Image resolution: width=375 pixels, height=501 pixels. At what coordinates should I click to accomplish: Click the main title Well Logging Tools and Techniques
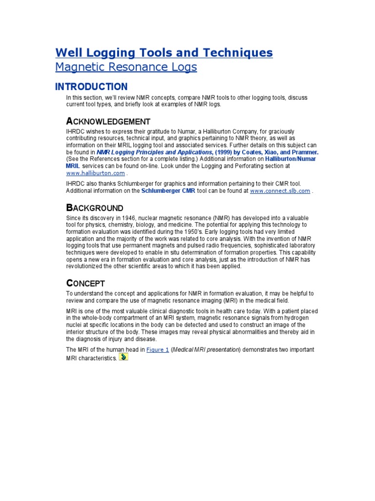(x=164, y=52)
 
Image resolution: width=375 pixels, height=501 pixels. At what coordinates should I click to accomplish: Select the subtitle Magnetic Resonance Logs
(x=126, y=67)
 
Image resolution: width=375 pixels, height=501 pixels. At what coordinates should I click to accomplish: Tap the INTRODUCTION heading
(x=91, y=87)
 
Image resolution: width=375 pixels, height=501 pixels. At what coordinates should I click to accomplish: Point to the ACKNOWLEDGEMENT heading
(x=108, y=121)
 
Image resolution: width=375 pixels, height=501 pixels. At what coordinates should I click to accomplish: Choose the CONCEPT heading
(x=85, y=283)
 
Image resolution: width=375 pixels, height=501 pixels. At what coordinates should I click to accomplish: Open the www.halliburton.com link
(x=96, y=173)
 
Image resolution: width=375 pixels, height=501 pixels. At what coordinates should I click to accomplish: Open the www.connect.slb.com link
(x=280, y=191)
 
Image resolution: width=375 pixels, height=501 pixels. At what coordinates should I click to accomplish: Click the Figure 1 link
(x=158, y=350)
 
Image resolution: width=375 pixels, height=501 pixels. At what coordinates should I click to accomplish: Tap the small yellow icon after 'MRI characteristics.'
(x=124, y=357)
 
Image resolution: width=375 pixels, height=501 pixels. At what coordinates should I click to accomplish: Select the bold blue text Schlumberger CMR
(x=168, y=191)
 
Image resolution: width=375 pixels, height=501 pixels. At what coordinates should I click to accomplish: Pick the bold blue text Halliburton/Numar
(x=290, y=159)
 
